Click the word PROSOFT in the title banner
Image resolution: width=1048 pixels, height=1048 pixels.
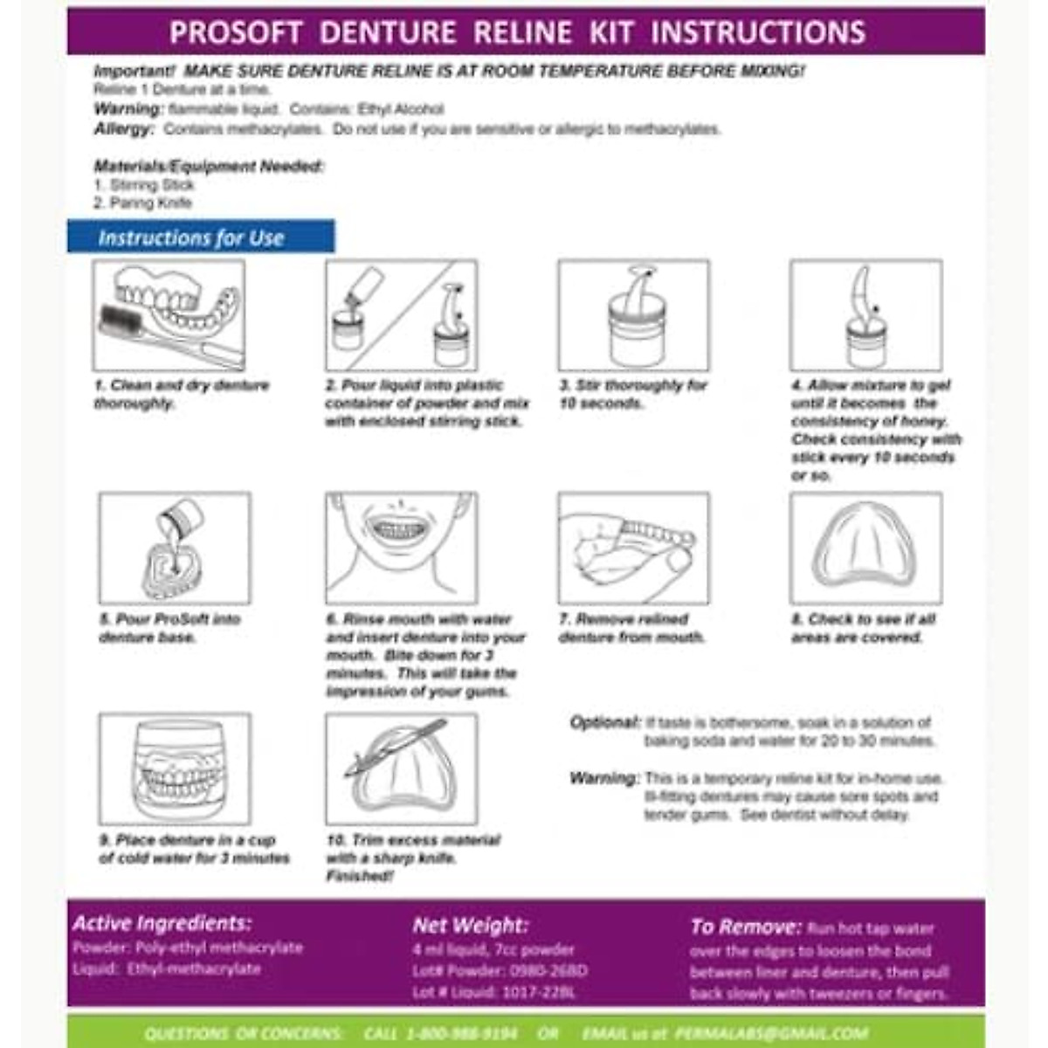click(x=236, y=32)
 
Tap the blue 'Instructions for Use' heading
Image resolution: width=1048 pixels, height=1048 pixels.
click(x=191, y=238)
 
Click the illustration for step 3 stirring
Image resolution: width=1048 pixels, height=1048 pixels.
click(x=634, y=315)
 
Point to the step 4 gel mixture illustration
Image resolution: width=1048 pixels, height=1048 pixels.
click(x=865, y=315)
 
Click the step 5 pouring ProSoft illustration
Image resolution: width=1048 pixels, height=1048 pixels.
click(x=175, y=548)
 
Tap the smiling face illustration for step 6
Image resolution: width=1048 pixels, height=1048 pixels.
click(x=401, y=548)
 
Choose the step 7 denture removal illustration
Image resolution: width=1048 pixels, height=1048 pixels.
click(x=634, y=548)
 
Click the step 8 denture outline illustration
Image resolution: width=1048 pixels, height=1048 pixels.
click(x=865, y=548)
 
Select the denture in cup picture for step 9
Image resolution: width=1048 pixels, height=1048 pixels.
click(x=175, y=769)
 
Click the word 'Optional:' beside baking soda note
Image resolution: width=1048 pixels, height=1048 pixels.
click(x=605, y=722)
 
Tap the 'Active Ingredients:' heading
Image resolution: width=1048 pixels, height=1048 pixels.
click(x=162, y=923)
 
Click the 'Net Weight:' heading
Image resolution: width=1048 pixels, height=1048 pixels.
click(x=470, y=926)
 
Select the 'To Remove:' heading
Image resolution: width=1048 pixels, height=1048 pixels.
click(x=745, y=927)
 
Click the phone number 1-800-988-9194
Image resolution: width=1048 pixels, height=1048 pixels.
click(x=461, y=1033)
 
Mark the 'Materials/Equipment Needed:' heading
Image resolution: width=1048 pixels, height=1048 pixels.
click(x=209, y=166)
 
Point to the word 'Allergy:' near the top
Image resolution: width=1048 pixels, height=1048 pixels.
click(x=124, y=129)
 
